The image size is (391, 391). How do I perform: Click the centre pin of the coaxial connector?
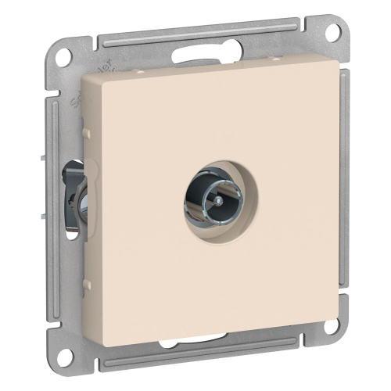pyautogui.click(x=210, y=210)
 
